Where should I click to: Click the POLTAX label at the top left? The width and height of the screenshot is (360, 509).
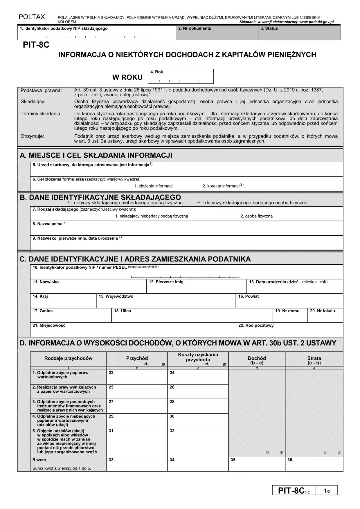pyautogui.click(x=32, y=17)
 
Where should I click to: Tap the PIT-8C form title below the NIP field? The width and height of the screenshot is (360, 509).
pyautogui.click(x=36, y=45)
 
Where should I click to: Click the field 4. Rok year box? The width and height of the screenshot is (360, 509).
pyautogui.click(x=181, y=77)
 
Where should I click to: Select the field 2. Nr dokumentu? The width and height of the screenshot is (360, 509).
pyautogui.click(x=217, y=33)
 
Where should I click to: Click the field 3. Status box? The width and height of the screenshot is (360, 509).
pyautogui.click(x=299, y=33)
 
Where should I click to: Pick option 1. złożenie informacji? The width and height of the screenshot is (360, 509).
pyautogui.click(x=154, y=186)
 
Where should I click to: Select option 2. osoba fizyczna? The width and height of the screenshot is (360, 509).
pyautogui.click(x=256, y=216)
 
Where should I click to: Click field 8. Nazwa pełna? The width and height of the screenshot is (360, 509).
pyautogui.click(x=186, y=228)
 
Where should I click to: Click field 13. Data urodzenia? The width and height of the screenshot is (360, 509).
pyautogui.click(x=294, y=286)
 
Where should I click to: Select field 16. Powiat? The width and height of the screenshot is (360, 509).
pyautogui.click(x=289, y=301)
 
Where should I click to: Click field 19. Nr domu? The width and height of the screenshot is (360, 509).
pyautogui.click(x=290, y=315)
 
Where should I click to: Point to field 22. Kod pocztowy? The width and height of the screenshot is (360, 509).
pyautogui.click(x=289, y=330)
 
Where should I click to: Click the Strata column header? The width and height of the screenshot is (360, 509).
pyautogui.click(x=314, y=360)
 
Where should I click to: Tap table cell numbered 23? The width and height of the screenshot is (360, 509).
pyautogui.click(x=137, y=377)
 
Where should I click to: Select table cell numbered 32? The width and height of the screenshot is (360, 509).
pyautogui.click(x=198, y=443)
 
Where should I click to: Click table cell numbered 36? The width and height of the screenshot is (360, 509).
pyautogui.click(x=314, y=464)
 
